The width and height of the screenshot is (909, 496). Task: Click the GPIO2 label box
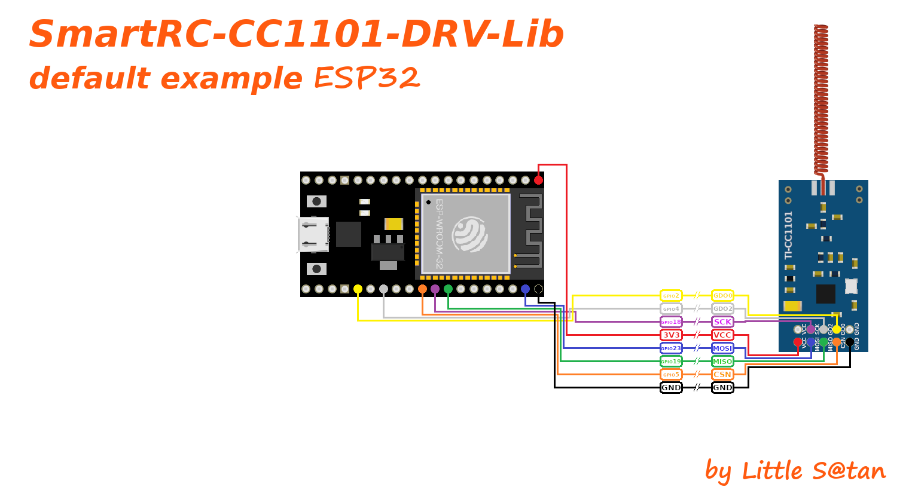click(x=671, y=296)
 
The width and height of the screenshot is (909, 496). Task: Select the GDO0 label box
click(x=722, y=296)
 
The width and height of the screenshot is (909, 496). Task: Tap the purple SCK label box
click(x=722, y=322)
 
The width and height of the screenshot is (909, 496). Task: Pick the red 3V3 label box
click(x=671, y=335)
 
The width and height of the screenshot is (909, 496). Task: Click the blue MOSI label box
click(x=722, y=348)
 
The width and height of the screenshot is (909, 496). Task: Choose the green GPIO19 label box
click(x=671, y=362)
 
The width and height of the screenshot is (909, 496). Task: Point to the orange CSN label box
click(x=722, y=375)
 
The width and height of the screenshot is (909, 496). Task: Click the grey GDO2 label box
click(x=722, y=309)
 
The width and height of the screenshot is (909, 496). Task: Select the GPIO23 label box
click(x=671, y=348)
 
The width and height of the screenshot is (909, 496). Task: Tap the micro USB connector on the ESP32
click(x=313, y=234)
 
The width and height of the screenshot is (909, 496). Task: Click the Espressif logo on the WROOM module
click(x=469, y=234)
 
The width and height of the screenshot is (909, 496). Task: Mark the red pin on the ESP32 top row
click(x=538, y=180)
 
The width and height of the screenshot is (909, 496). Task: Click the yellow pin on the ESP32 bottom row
click(x=358, y=289)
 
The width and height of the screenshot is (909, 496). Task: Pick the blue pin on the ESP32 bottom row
click(x=525, y=289)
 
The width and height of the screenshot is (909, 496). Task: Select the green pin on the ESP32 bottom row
click(x=448, y=289)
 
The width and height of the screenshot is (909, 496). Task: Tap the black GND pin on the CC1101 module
click(x=850, y=342)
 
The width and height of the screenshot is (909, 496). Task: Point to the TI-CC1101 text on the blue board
click(x=788, y=235)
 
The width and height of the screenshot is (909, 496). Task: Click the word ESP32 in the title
click(x=367, y=78)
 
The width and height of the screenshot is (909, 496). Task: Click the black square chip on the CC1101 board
click(x=825, y=293)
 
